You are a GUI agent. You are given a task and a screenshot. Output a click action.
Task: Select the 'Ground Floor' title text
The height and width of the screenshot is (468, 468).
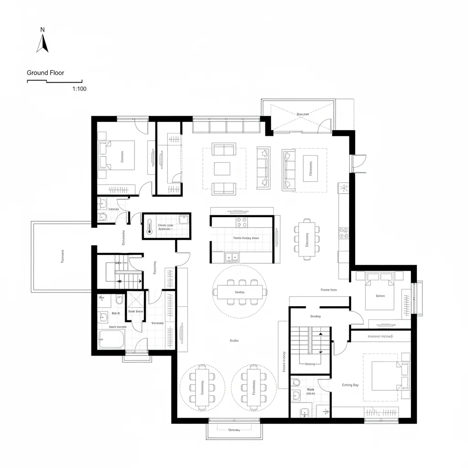tap(45, 73)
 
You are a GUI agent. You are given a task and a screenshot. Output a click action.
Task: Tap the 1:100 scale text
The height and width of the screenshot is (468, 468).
tap(79, 89)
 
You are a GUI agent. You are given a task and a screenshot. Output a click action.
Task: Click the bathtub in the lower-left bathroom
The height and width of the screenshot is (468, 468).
tap(111, 340)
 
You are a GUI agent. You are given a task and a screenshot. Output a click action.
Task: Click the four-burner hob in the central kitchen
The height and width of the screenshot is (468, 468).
tap(241, 222)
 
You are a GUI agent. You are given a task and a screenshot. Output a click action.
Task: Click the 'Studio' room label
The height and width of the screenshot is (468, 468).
tap(234, 340)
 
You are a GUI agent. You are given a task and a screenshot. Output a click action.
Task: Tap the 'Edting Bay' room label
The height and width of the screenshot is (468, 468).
tap(350, 385)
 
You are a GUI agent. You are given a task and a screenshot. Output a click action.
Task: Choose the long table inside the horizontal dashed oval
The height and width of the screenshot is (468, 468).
tap(240, 292)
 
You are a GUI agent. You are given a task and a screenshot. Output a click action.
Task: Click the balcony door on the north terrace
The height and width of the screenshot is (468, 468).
tap(324, 126)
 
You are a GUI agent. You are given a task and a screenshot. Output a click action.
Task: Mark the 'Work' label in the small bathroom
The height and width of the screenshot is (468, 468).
tap(310, 389)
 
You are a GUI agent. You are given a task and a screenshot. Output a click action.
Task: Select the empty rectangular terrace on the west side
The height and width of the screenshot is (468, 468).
tap(61, 256)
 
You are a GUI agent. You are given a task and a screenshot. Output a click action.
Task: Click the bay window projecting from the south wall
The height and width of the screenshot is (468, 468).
tap(234, 429)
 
